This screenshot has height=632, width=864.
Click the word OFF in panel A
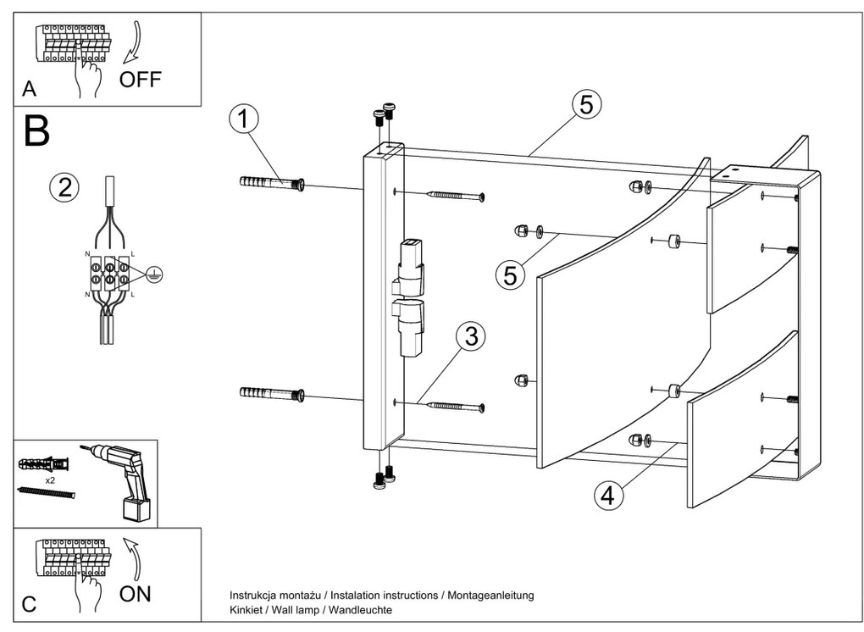[140, 80]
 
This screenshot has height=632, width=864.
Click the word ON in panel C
[136, 593]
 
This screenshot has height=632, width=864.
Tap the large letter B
[36, 131]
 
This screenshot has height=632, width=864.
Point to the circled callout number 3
[470, 336]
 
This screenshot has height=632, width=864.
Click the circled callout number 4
[606, 496]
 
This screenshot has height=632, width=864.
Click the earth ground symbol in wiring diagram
[152, 272]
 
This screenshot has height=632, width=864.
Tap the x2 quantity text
[52, 480]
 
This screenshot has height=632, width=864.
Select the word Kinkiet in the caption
[246, 610]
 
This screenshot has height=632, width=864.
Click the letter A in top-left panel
[30, 89]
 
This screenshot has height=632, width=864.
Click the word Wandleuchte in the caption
[361, 610]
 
